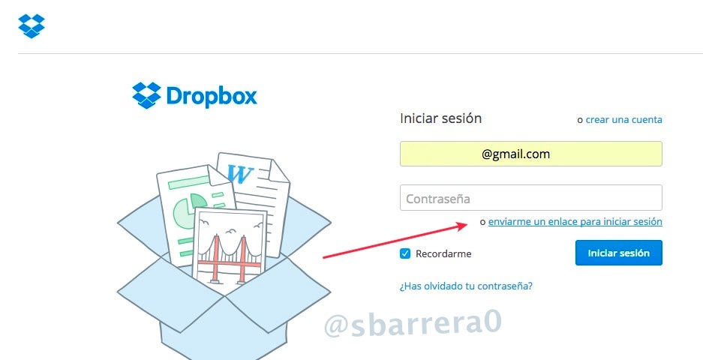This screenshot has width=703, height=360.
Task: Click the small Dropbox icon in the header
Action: tap(32, 26)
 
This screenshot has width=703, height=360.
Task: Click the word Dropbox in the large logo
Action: tap(212, 96)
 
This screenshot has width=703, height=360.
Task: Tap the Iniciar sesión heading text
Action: tap(440, 118)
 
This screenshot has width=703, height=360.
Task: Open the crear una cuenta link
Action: tap(623, 120)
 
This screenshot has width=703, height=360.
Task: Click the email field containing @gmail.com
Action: tap(531, 154)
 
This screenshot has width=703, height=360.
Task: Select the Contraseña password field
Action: tap(531, 198)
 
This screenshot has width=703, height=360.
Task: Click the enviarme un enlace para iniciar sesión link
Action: tap(575, 221)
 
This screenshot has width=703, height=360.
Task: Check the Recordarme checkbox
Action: tap(405, 253)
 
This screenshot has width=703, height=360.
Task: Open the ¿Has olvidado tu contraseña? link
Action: tap(466, 286)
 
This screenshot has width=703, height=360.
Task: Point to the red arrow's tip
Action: tap(467, 224)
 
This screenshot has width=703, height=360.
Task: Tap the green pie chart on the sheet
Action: tap(188, 209)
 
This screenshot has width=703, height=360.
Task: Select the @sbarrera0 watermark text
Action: tap(413, 324)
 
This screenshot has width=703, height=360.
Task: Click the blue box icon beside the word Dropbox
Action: tap(146, 95)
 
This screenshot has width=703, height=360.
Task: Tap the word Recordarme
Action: tap(443, 253)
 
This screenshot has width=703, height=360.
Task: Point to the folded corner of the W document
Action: tap(281, 169)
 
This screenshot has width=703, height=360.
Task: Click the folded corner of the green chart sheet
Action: tap(220, 175)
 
